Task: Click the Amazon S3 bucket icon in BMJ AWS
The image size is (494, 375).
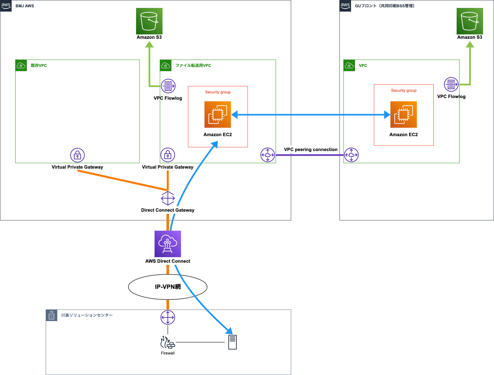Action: pyautogui.click(x=149, y=21)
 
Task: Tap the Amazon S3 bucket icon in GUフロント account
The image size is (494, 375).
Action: pyautogui.click(x=469, y=21)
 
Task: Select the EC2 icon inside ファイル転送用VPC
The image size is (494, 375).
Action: pyautogui.click(x=218, y=115)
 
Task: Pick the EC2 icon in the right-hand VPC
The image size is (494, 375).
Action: pyautogui.click(x=403, y=115)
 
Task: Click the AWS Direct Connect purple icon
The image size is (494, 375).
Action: pyautogui.click(x=168, y=244)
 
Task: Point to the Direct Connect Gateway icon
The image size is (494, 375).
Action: pyautogui.click(x=168, y=198)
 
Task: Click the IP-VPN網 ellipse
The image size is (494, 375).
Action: pyautogui.click(x=168, y=287)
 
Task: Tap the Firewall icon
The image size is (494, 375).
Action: pyautogui.click(x=168, y=343)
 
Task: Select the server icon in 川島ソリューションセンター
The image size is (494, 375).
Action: pyautogui.click(x=232, y=342)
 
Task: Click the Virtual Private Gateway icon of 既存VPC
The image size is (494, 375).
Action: pyautogui.click(x=77, y=155)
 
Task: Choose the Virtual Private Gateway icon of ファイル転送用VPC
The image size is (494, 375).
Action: pyautogui.click(x=168, y=155)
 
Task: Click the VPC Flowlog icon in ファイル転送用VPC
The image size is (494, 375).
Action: pyautogui.click(x=168, y=86)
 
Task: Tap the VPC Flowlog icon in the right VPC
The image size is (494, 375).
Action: pyautogui.click(x=451, y=84)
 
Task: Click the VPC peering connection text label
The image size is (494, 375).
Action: pyautogui.click(x=311, y=150)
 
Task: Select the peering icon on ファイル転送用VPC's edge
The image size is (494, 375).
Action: pyautogui.click(x=268, y=155)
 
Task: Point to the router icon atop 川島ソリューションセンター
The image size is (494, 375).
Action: pyautogui.click(x=168, y=317)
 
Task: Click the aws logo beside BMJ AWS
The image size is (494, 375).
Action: pyautogui.click(x=6, y=6)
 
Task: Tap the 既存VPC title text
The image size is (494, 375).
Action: pyautogui.click(x=39, y=66)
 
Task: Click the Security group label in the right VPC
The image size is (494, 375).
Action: pyautogui.click(x=404, y=90)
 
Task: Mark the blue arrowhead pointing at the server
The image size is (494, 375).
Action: pyautogui.click(x=229, y=331)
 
